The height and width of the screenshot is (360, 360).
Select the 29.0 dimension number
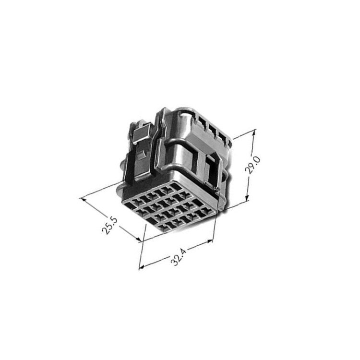(x=252, y=165)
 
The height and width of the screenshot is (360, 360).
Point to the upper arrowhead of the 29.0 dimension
(x=253, y=133)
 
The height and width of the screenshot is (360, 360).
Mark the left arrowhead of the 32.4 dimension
(x=143, y=267)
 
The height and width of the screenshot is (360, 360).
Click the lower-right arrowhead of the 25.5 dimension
(x=138, y=239)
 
